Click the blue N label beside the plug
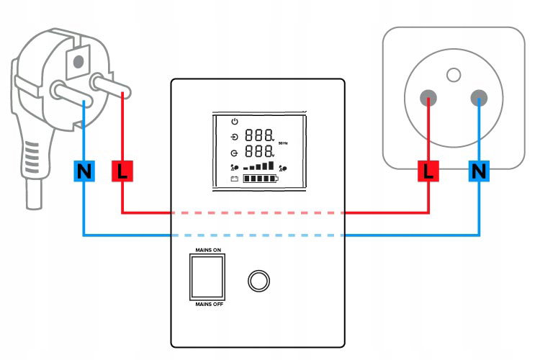pos(84,171)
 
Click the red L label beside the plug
pos(122,171)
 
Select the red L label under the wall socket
pos(428,171)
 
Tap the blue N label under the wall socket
pos(479,171)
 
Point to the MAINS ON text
pos(208,250)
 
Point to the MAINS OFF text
pos(209,304)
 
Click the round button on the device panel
pos(258,281)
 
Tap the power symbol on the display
pos(235,121)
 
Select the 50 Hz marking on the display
pos(283,143)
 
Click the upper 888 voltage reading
pos(259,135)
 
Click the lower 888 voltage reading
pos(259,151)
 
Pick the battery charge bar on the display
pos(261,179)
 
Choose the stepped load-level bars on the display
pos(258,166)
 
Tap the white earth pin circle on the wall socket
pos(454,75)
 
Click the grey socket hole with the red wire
pos(428,98)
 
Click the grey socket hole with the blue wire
pos(479,98)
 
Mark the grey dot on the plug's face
pos(78,62)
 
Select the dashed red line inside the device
pos(258,213)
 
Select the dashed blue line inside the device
pos(258,235)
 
